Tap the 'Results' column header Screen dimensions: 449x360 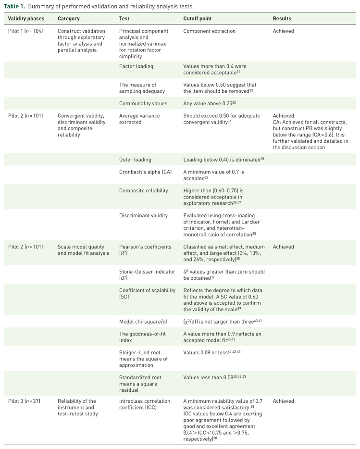282,19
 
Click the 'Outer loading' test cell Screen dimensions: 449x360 135,160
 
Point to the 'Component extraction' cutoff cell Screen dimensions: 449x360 210,31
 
